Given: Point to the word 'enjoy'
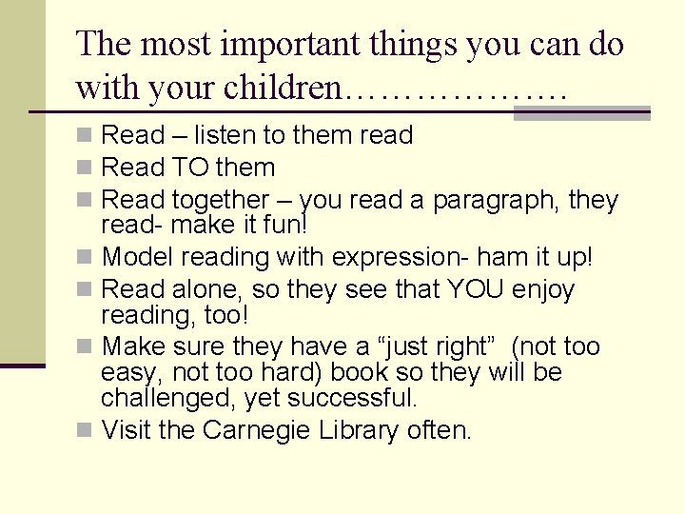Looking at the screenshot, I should tap(544, 289).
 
